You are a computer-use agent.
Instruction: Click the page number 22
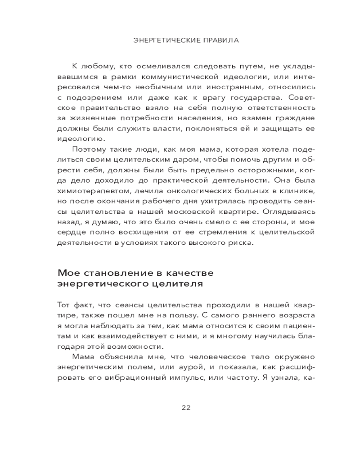click(186, 408)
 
